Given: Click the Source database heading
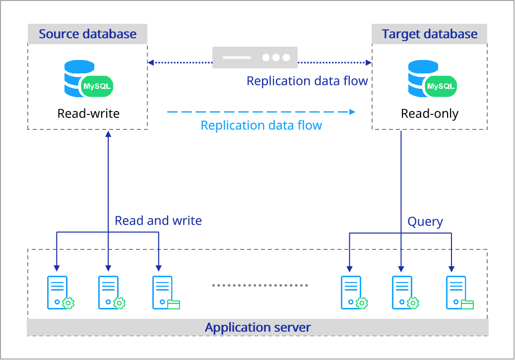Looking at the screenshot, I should [x=87, y=34].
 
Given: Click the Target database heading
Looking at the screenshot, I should [x=429, y=34].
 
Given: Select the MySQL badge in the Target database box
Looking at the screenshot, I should [x=441, y=86].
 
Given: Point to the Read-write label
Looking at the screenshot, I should [x=88, y=114].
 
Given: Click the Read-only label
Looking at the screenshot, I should [x=429, y=114].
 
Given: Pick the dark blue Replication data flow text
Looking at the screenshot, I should [x=307, y=81].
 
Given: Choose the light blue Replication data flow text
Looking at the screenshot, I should [x=261, y=125].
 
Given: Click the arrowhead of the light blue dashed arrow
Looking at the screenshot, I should [x=353, y=112].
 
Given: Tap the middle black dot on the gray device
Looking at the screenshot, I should [x=276, y=58].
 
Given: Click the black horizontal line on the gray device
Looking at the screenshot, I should [x=237, y=58].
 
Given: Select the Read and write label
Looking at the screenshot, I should [x=158, y=221].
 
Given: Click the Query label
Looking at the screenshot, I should [x=425, y=222].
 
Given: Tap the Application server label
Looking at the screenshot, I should [x=257, y=328].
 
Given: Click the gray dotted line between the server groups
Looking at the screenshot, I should [x=260, y=286].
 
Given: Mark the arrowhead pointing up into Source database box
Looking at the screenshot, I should [x=108, y=134].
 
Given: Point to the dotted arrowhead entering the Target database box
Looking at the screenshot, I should [x=369, y=62].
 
